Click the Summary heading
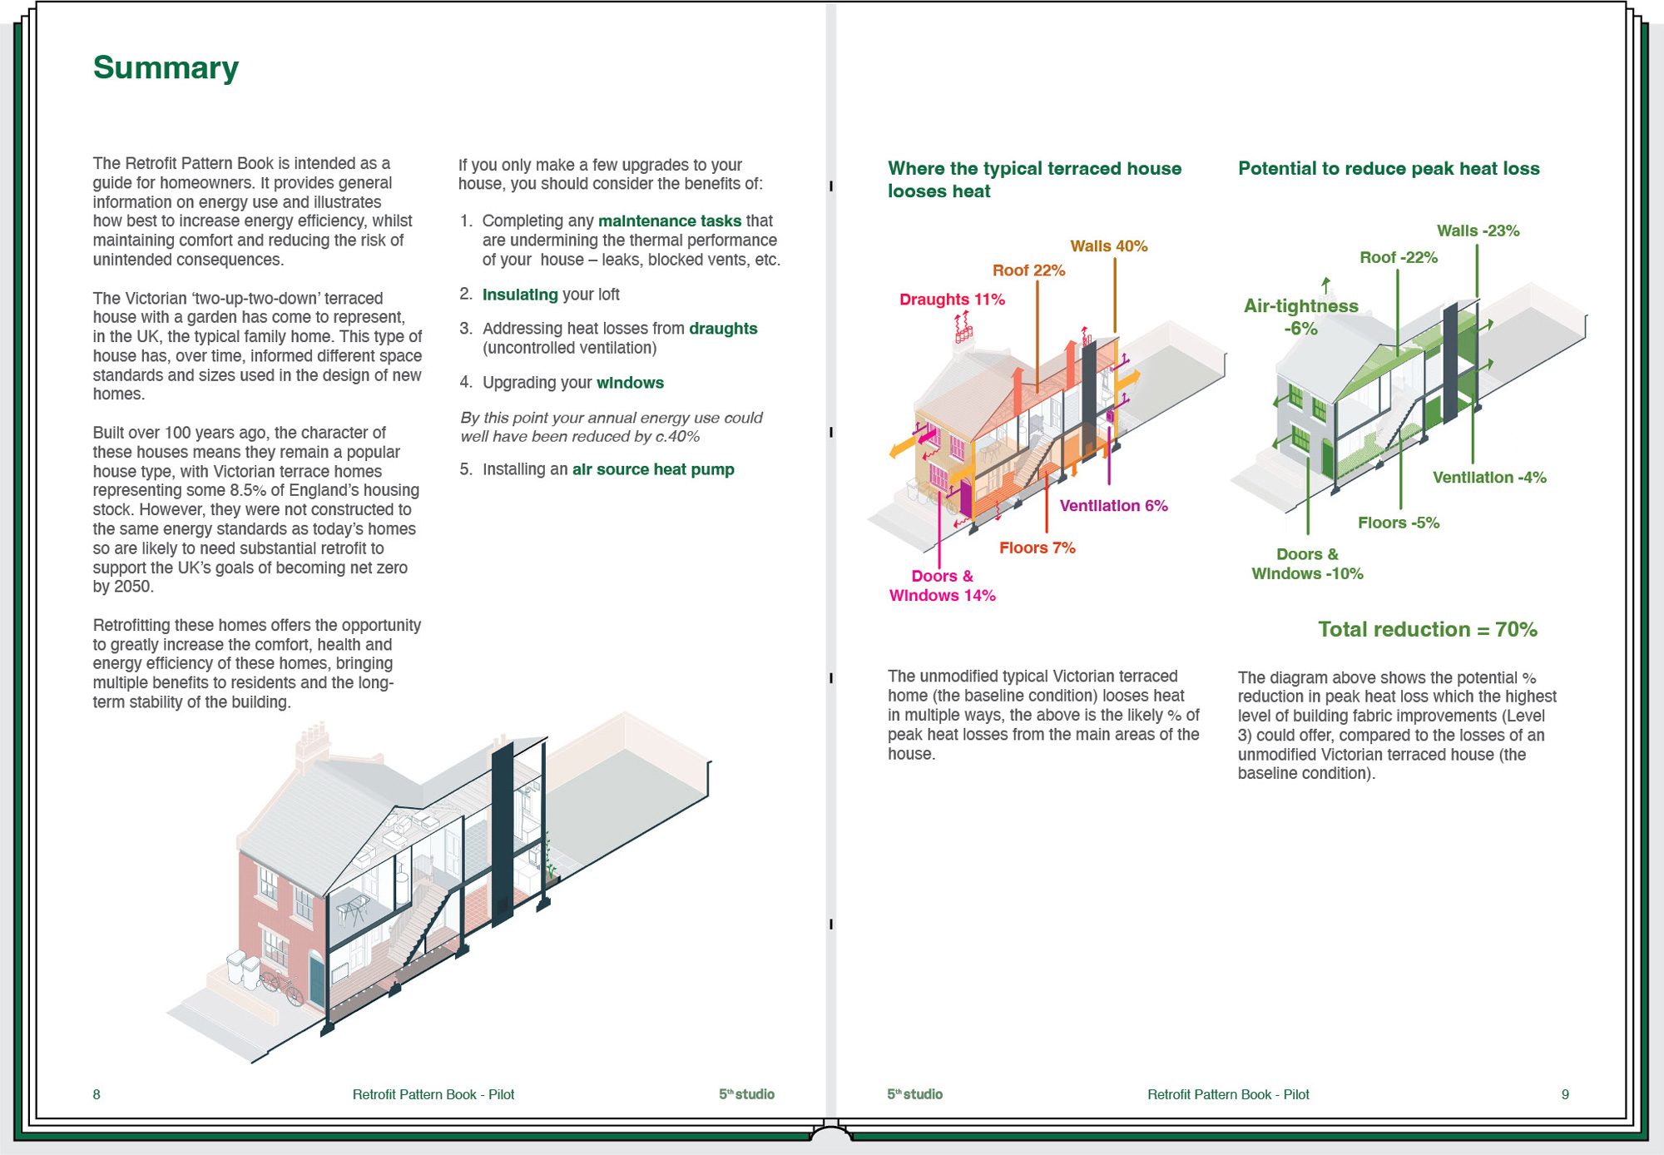point(166,67)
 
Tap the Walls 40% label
point(1108,245)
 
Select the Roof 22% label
point(1028,270)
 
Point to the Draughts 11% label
point(952,300)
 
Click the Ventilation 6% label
point(1113,506)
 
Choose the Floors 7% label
point(1037,548)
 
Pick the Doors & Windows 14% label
point(942,586)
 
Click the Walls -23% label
point(1478,231)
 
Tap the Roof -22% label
point(1398,258)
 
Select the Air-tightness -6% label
point(1300,317)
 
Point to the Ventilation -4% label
point(1488,478)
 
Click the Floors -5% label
point(1398,523)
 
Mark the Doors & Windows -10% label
point(1307,564)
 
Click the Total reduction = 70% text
point(1427,630)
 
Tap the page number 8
point(97,1094)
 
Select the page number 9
point(1565,1094)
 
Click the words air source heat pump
point(652,469)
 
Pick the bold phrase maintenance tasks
point(669,221)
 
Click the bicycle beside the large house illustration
point(281,987)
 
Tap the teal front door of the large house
point(317,980)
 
